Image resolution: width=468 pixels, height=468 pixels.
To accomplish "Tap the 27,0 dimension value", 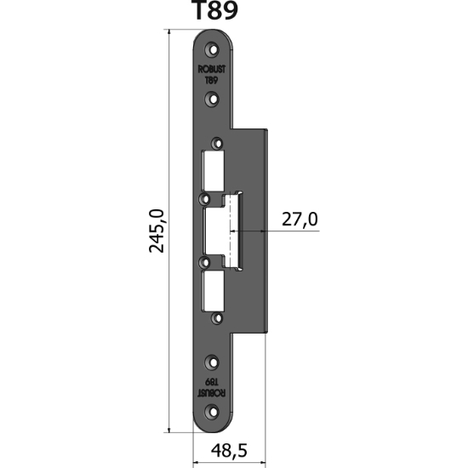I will tap(300, 220).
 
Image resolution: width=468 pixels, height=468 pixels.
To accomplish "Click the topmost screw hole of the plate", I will tap(214, 47).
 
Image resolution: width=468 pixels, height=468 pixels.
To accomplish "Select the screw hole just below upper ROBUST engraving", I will tap(214, 98).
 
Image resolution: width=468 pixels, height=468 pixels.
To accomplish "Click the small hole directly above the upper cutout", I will tap(218, 142).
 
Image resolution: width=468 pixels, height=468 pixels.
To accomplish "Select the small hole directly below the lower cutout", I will tap(218, 320).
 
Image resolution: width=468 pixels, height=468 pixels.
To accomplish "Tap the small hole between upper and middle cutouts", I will tap(204, 198).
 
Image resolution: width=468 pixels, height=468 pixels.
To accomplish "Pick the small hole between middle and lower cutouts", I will tap(204, 263).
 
